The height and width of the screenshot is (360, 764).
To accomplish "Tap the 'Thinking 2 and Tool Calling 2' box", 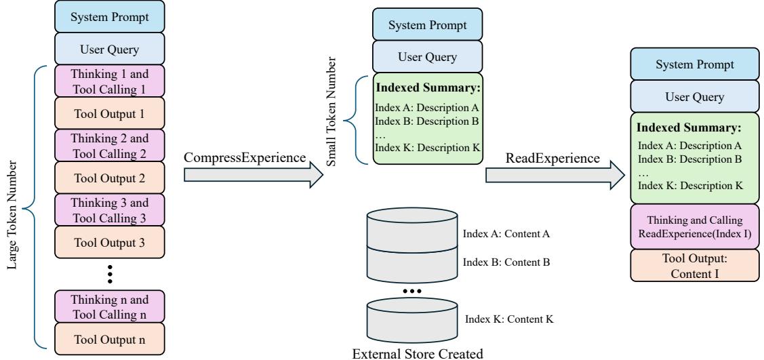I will [109, 146].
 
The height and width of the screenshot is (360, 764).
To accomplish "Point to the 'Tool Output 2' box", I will [109, 178].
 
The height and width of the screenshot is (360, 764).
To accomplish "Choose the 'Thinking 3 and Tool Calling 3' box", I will [109, 210].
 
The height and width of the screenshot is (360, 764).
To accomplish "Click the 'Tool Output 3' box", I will [109, 243].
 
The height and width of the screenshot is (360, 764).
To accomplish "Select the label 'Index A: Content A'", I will [505, 234].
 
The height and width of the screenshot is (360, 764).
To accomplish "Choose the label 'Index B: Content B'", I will [505, 261].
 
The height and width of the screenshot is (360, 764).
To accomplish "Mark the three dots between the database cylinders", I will [412, 291].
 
